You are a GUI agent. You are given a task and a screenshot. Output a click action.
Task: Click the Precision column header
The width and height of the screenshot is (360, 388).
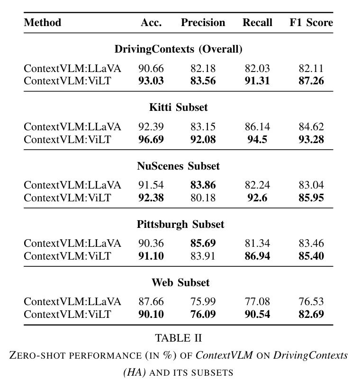(203, 23)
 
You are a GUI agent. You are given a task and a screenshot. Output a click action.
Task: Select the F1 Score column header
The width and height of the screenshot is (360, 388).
(311, 23)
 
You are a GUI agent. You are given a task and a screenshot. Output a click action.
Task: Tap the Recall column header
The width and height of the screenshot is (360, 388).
(257, 23)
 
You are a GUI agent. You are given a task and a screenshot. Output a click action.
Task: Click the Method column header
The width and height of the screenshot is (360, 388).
(43, 23)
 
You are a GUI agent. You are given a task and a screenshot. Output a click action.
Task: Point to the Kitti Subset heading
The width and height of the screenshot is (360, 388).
(179, 108)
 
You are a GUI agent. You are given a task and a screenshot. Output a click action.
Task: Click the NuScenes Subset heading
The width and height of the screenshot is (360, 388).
(179, 166)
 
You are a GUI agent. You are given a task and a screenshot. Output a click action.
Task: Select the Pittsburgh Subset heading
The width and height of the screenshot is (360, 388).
(180, 225)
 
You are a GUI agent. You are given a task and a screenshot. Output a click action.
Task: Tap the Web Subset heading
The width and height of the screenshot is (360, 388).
(180, 282)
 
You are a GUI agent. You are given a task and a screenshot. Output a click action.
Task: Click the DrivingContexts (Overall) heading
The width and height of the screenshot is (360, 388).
(179, 49)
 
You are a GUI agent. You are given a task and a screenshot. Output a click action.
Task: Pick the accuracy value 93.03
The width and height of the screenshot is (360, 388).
(151, 81)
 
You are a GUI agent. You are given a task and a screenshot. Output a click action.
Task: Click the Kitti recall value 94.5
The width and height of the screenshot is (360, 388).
(257, 139)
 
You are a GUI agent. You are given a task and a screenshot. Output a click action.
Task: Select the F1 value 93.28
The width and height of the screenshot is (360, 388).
(311, 139)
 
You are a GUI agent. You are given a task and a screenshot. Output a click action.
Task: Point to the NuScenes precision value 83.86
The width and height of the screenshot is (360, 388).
(203, 185)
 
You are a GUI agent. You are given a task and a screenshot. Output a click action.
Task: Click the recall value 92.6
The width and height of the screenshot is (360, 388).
(257, 198)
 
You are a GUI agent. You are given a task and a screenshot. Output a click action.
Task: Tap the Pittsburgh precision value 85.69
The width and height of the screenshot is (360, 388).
(203, 243)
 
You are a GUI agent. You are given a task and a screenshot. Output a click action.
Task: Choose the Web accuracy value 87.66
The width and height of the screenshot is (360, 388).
(151, 302)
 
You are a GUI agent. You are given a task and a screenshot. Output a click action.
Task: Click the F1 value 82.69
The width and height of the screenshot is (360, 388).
(311, 314)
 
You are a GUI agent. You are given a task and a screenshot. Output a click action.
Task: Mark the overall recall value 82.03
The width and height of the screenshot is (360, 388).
(257, 69)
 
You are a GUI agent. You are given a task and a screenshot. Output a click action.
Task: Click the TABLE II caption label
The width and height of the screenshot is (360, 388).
(179, 338)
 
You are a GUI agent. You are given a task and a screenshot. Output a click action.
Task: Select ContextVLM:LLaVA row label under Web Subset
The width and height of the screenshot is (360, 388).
(72, 302)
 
